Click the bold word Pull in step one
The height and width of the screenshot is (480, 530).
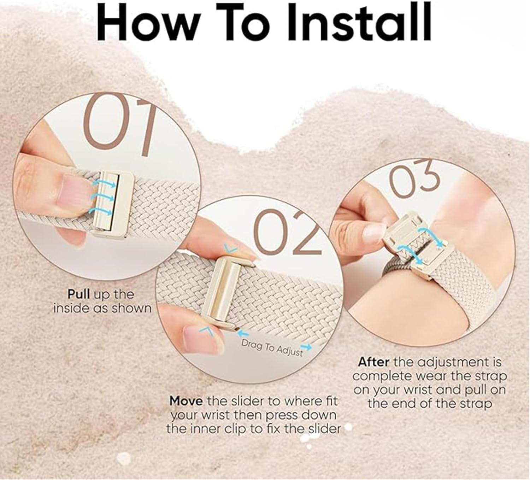[x=78, y=294]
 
